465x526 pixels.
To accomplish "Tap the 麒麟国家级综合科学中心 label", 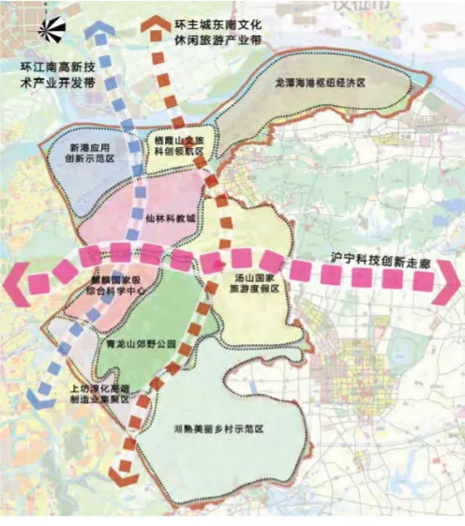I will (x=112, y=287).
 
